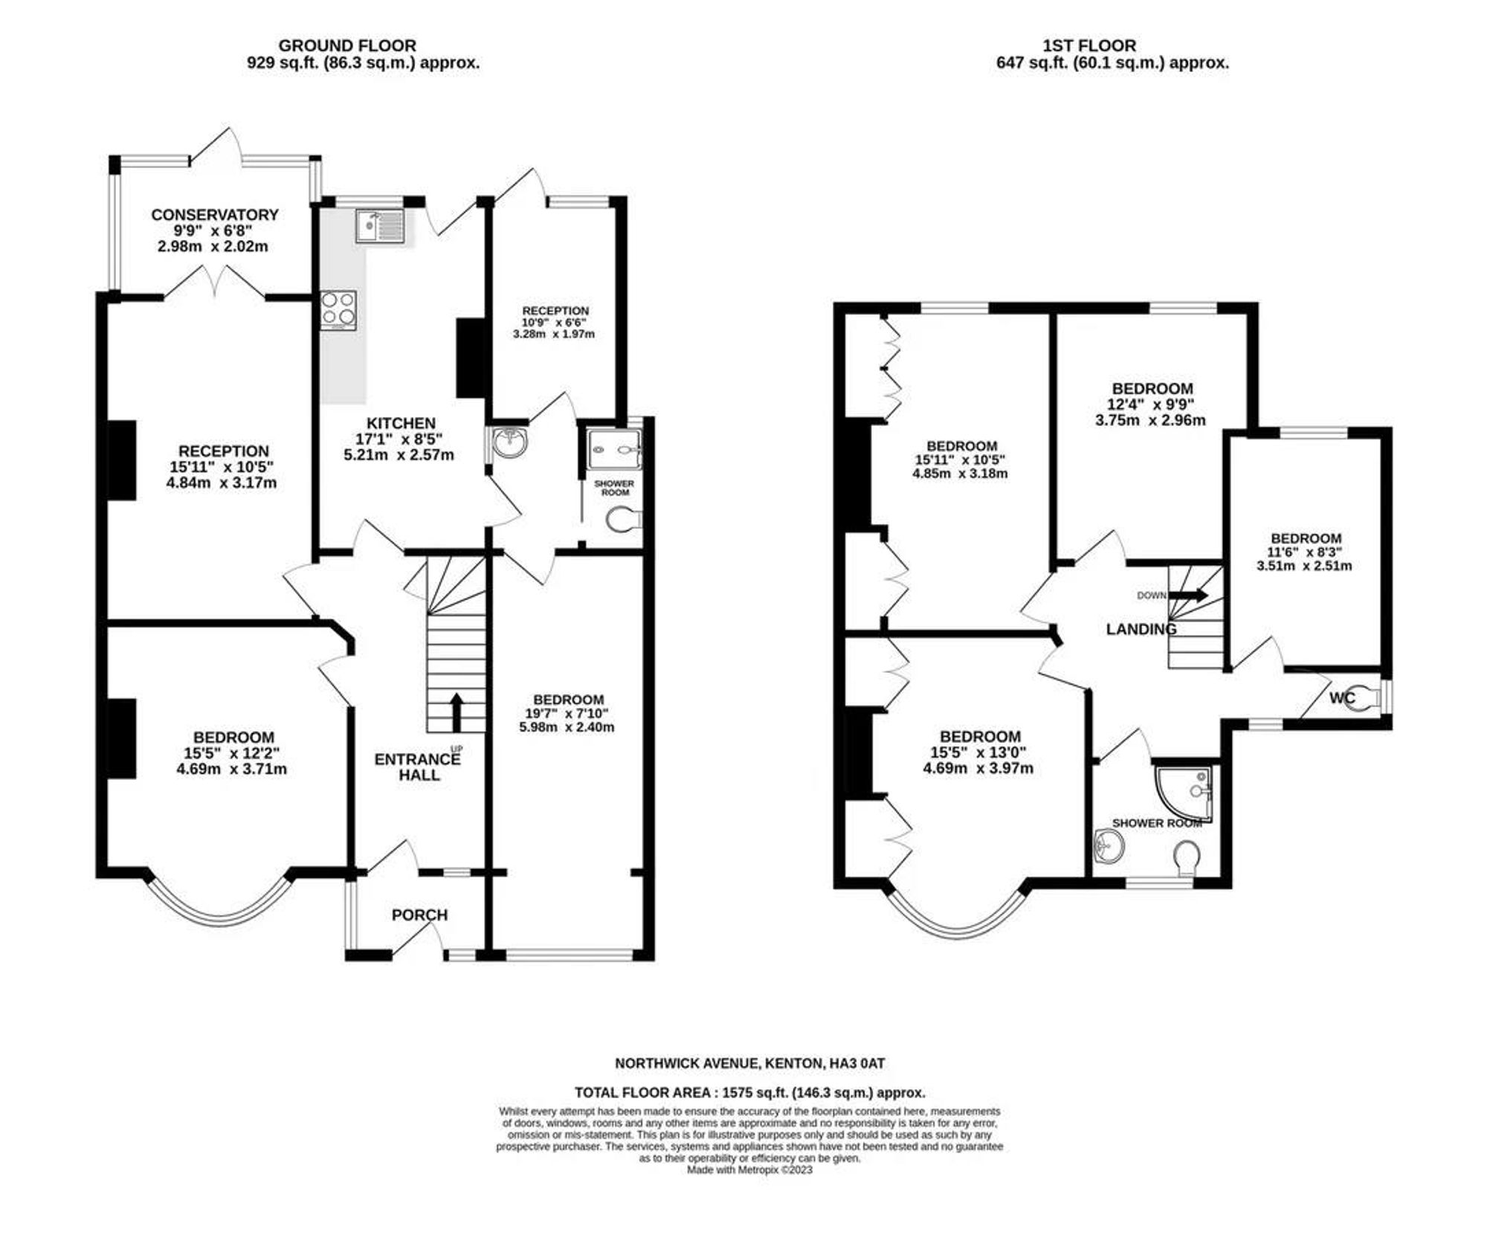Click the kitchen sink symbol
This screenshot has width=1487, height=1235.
click(380, 227)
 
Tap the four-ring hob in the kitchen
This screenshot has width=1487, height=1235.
click(338, 309)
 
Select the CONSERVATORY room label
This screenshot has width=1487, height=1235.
click(215, 215)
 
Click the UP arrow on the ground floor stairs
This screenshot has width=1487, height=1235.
click(456, 712)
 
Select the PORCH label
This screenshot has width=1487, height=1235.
click(419, 915)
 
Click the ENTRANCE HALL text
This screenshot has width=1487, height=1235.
click(417, 767)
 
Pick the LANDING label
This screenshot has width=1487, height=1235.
click(1141, 629)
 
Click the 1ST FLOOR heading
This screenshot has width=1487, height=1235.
click(1090, 46)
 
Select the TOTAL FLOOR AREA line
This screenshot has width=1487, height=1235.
click(749, 1093)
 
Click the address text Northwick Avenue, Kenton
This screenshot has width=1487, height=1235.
click(717, 1064)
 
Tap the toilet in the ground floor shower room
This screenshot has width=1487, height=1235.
click(622, 520)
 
